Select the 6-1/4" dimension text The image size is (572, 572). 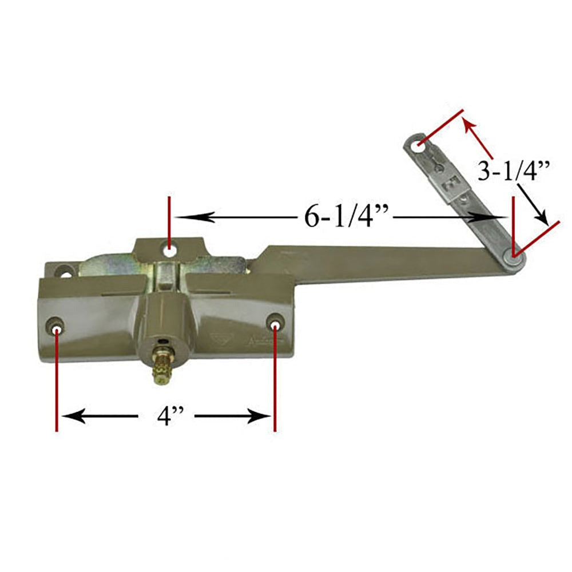347,217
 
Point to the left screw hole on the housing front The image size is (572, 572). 57,331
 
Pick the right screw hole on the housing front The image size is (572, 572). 275,327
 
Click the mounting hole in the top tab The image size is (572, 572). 169,249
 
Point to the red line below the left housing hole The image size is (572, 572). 57,383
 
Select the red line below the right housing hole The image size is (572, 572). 275,383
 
